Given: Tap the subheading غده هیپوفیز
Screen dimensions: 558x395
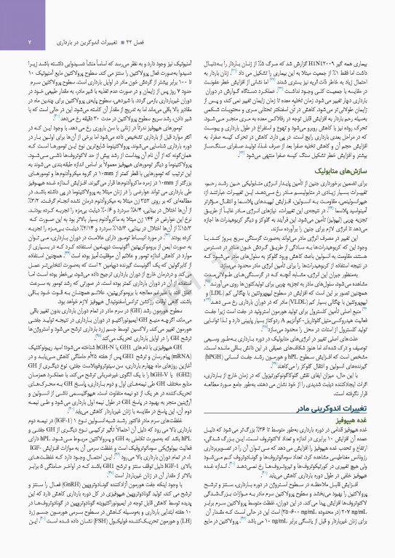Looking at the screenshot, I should [364, 421].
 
